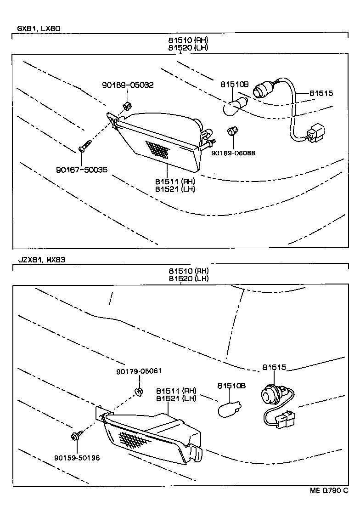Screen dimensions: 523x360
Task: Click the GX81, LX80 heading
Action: click(x=39, y=28)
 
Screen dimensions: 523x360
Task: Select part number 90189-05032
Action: click(x=128, y=85)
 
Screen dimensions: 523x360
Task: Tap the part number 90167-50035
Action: click(x=82, y=170)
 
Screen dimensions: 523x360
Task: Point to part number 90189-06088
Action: click(x=233, y=153)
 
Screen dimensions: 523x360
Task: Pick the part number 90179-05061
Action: click(x=139, y=371)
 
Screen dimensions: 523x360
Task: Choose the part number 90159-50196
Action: click(x=77, y=458)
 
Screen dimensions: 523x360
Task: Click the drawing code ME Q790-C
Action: click(x=328, y=491)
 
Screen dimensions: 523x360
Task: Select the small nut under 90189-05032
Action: click(x=126, y=107)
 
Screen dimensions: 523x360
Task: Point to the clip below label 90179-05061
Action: click(x=138, y=392)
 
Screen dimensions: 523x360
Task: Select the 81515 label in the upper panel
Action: click(x=321, y=93)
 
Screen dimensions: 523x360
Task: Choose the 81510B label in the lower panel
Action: click(x=231, y=386)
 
